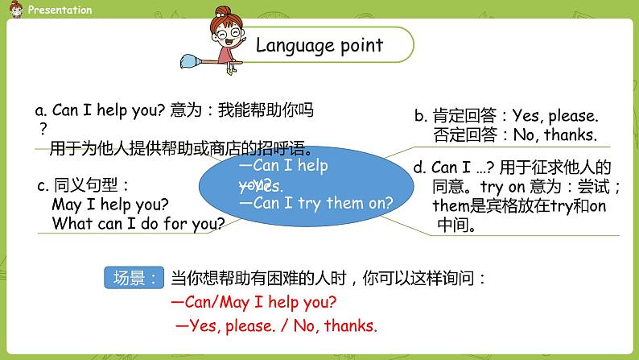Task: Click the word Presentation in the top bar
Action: tap(60, 10)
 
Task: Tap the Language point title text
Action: tap(319, 45)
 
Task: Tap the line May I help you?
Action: tap(110, 205)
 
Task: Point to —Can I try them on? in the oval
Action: tap(317, 203)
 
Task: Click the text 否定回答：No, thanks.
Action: tap(514, 135)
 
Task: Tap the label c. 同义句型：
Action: tap(83, 186)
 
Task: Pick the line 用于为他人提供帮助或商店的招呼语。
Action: tap(181, 149)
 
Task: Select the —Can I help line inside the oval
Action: tap(284, 167)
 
